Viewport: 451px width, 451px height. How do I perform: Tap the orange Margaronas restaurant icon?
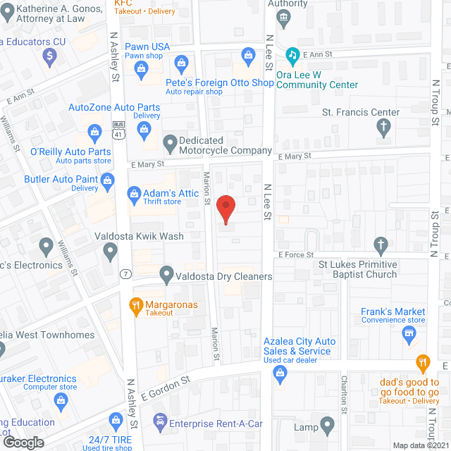(135, 305)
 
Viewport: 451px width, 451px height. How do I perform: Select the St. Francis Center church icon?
(383, 128)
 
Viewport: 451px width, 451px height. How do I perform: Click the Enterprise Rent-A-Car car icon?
(160, 422)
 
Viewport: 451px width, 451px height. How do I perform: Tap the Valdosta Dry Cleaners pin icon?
(166, 273)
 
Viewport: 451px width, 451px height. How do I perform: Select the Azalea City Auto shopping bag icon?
(280, 378)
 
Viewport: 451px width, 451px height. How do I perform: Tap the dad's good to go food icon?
(422, 364)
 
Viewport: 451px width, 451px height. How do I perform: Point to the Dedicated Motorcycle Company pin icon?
(170, 145)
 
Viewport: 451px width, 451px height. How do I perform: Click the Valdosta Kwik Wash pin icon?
(110, 250)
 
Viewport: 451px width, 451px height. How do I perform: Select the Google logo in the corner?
(23, 442)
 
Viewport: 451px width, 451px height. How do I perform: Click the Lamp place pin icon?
(328, 426)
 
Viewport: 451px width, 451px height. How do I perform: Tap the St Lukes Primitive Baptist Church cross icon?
(381, 245)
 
